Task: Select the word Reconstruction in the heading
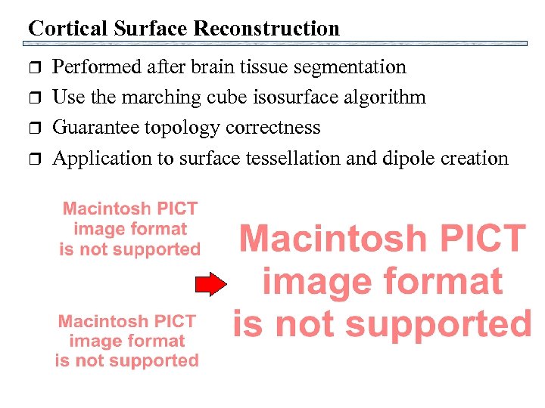click(x=266, y=29)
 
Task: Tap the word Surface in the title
click(x=145, y=29)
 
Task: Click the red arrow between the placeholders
click(x=211, y=284)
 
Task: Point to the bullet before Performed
click(x=33, y=68)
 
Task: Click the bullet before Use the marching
click(x=33, y=98)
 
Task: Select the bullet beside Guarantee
click(x=33, y=128)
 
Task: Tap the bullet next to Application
click(x=33, y=159)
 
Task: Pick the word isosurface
click(x=294, y=97)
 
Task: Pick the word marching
click(x=160, y=97)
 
